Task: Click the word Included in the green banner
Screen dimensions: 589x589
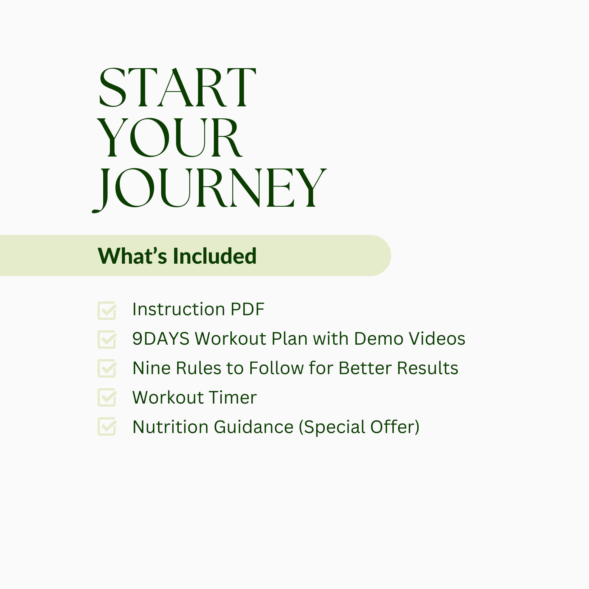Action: [x=215, y=256]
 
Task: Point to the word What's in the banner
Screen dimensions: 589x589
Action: [x=132, y=256]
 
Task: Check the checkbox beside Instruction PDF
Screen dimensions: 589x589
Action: [x=107, y=310]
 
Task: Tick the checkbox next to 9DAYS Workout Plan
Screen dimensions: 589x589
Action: [x=107, y=339]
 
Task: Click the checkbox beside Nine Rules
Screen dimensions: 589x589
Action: [x=107, y=368]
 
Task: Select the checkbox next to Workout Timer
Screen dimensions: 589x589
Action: [x=107, y=397]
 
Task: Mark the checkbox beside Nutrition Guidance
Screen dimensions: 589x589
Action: [x=107, y=426]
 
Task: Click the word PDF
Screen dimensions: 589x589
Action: [x=248, y=309]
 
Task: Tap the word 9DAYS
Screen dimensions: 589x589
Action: [x=161, y=339]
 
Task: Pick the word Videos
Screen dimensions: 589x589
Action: [x=437, y=339]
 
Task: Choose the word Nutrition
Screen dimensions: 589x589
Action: [x=171, y=427]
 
